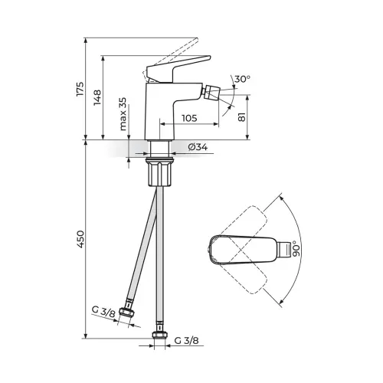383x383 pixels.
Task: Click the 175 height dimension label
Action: tap(80, 89)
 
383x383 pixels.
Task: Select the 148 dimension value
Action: tap(97, 97)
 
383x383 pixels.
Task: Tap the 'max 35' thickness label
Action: tap(123, 114)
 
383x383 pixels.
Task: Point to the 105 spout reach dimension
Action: tap(189, 118)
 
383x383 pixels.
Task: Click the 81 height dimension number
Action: tap(242, 117)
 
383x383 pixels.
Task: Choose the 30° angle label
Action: tap(242, 79)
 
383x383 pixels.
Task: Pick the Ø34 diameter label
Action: tap(198, 147)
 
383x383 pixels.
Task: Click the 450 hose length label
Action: tap(80, 239)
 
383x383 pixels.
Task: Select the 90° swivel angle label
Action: tap(295, 248)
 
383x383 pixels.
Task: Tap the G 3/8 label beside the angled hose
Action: tap(103, 312)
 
